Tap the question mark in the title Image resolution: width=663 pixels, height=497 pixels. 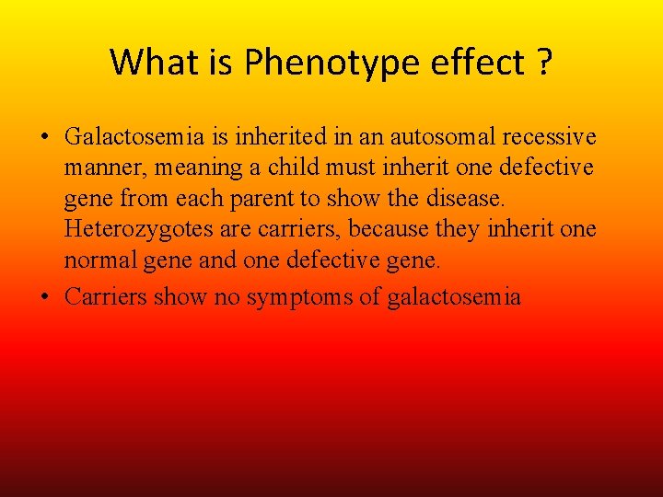(543, 63)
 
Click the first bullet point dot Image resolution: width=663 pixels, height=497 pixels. (44, 138)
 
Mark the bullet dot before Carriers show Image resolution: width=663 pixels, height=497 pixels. (44, 297)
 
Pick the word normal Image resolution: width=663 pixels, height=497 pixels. (99, 261)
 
